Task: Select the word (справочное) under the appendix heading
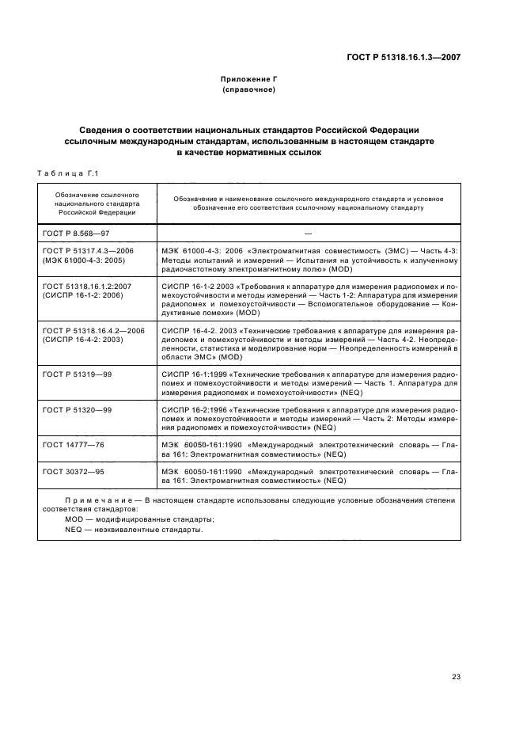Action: click(x=249, y=90)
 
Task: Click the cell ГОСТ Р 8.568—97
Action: click(x=76, y=233)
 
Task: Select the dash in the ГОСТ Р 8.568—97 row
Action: click(x=308, y=233)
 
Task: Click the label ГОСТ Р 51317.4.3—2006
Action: click(x=89, y=250)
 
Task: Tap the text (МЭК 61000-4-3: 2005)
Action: click(x=83, y=260)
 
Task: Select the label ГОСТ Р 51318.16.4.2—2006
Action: click(x=93, y=329)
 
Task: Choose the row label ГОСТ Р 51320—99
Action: click(x=78, y=408)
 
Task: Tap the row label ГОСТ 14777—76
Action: click(x=74, y=445)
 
